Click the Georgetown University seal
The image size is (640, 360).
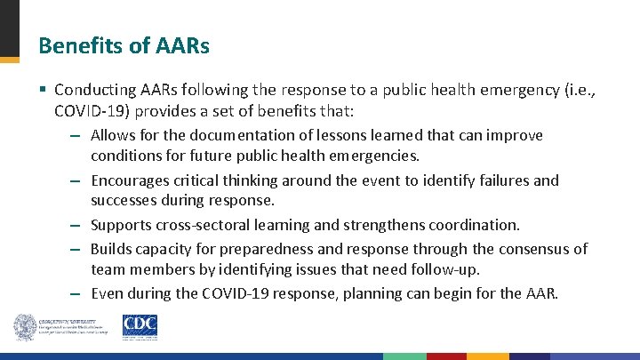click(26, 326)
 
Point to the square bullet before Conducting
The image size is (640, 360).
click(44, 91)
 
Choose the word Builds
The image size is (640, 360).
click(111, 249)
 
